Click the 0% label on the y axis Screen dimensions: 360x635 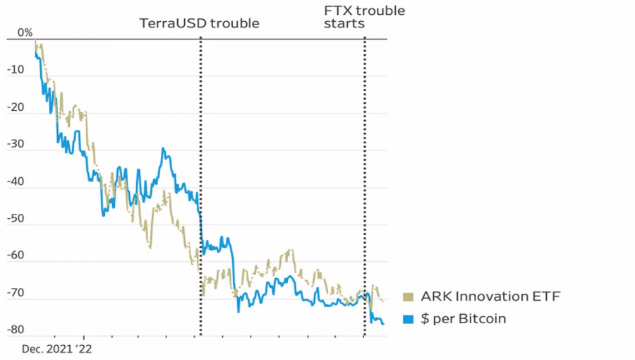(25, 32)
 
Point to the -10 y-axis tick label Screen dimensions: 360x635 (16, 71)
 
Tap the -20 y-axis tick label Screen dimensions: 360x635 (15, 108)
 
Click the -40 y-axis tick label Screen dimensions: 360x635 (15, 182)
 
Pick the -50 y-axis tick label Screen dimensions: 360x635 (15, 219)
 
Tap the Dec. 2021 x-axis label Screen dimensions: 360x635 (47, 349)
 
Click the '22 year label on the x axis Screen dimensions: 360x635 (84, 349)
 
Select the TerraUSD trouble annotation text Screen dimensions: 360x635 (199, 23)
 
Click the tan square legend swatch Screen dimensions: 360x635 (408, 297)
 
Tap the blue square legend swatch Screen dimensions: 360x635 (408, 319)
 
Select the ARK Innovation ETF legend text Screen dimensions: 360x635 (490, 297)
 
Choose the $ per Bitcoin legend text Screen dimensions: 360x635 (464, 319)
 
